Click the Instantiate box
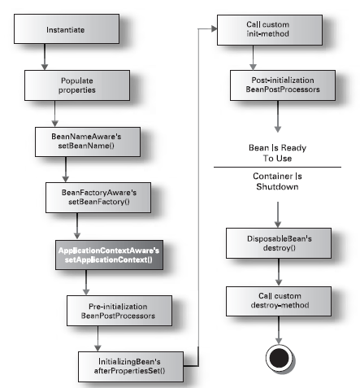(67, 29)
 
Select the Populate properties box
(77, 85)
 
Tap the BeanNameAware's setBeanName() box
(88, 142)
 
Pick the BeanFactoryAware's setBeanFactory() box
(98, 198)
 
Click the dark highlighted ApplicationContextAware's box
(109, 255)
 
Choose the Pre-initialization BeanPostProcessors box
(119, 311)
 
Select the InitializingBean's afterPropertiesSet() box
(131, 367)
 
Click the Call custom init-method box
(270, 30)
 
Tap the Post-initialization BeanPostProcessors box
(283, 85)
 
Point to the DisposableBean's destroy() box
(279, 243)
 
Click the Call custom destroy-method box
(279, 301)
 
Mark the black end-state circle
(280, 358)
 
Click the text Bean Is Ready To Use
(277, 153)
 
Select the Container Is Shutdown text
(277, 181)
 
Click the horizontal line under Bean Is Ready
(277, 167)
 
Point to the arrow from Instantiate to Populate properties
(45, 57)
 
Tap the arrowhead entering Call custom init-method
(215, 28)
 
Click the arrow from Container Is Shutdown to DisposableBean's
(278, 215)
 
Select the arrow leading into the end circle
(279, 330)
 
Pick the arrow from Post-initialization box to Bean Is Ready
(278, 116)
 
